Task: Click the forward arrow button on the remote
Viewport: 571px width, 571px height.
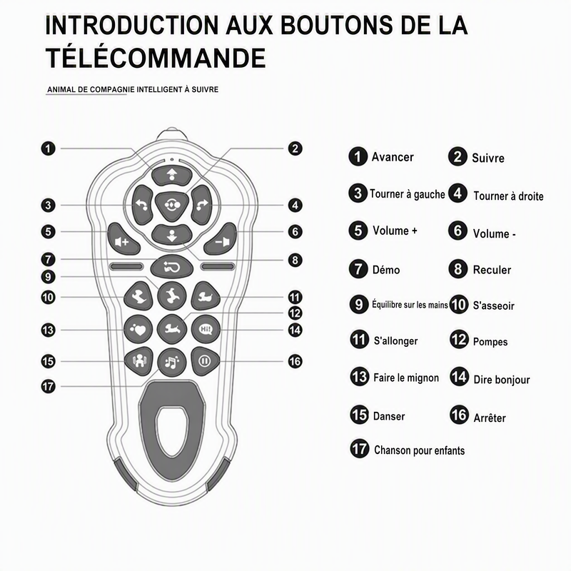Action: click(x=172, y=175)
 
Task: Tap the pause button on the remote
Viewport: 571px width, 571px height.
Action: click(x=205, y=361)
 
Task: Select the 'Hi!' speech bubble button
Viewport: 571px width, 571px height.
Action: click(x=206, y=330)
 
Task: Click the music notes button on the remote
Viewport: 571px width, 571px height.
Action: click(x=171, y=363)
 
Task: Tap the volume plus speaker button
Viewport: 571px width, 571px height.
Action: click(x=122, y=239)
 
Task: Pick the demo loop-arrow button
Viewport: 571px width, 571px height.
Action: click(x=171, y=267)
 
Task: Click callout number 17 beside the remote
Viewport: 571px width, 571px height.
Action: click(x=48, y=386)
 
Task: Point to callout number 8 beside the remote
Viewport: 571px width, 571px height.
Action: click(x=295, y=260)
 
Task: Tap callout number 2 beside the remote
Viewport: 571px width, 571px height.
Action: click(x=295, y=148)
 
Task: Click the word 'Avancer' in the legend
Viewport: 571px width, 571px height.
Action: click(x=393, y=157)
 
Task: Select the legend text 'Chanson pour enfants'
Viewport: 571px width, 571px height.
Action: click(x=420, y=450)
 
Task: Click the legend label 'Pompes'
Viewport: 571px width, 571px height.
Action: click(x=490, y=342)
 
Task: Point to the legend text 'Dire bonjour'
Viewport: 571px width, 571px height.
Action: click(x=502, y=380)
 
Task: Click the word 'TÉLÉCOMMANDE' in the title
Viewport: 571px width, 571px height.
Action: click(x=156, y=58)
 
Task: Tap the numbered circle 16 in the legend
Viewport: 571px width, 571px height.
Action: click(x=459, y=415)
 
